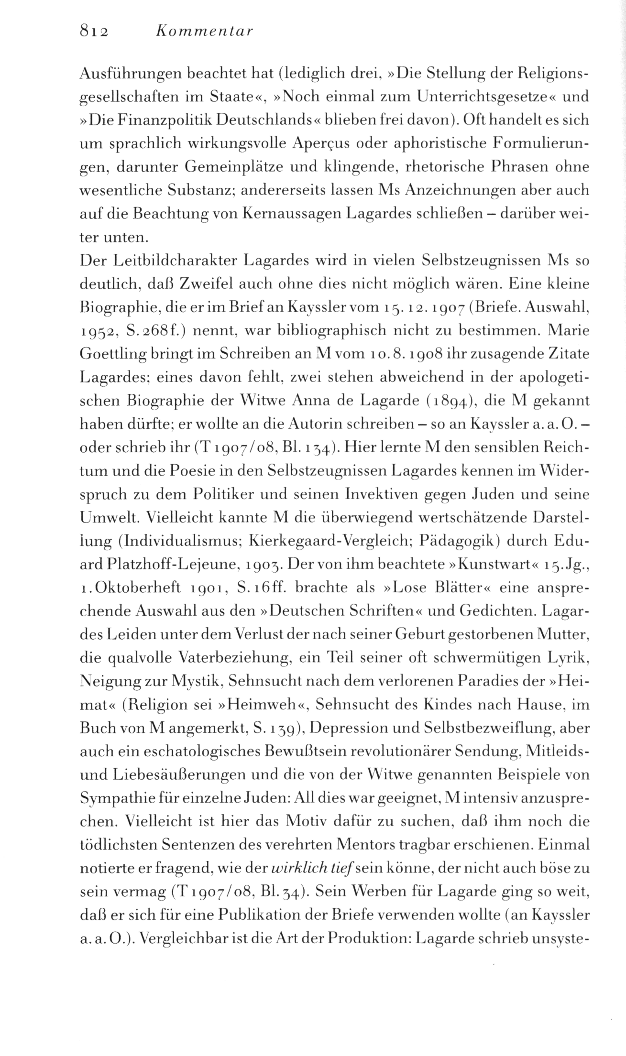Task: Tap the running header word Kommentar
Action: (x=204, y=32)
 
